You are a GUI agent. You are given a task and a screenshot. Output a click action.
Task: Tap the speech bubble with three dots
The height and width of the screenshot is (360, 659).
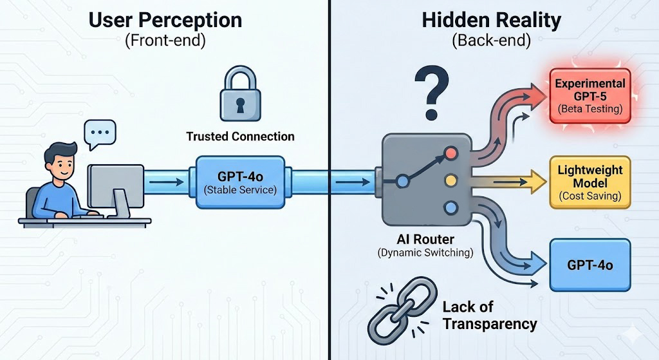click(x=100, y=133)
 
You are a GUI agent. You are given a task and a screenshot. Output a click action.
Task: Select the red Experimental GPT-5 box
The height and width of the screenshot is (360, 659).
click(x=590, y=97)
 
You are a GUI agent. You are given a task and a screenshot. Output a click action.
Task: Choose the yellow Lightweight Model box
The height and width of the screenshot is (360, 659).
click(x=590, y=182)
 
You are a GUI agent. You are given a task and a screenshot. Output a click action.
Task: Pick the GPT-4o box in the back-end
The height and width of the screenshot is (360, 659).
click(x=590, y=265)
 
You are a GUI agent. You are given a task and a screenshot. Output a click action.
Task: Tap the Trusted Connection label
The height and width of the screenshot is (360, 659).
click(x=240, y=137)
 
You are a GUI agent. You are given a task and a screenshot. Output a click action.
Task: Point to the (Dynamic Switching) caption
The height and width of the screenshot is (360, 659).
click(x=425, y=252)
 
